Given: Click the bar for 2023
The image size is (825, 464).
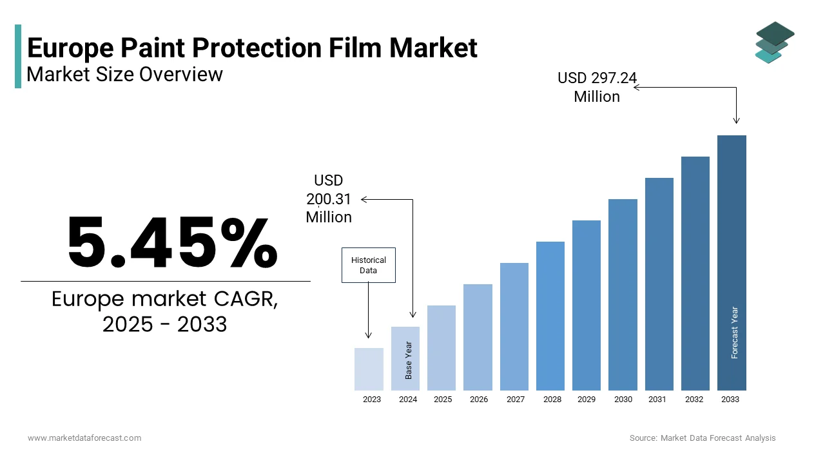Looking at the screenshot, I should (369, 369).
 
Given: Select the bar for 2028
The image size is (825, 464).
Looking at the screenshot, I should (550, 316).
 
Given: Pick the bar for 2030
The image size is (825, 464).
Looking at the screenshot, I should (623, 295).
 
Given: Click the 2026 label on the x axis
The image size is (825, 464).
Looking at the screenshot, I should (479, 400).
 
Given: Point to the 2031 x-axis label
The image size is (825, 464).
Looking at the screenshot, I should (657, 400).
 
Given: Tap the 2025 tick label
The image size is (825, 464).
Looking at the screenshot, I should (443, 400).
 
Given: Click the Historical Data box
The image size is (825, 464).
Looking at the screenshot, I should (368, 265).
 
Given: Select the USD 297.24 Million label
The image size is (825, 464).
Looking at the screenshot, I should (597, 87).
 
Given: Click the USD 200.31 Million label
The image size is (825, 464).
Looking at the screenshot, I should (329, 198).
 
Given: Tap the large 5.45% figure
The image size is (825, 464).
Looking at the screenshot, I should (172, 243).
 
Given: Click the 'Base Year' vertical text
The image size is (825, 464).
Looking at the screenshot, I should (408, 360).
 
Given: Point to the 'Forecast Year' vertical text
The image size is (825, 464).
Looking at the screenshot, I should (734, 333).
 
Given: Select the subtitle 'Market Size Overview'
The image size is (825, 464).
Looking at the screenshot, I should (124, 75).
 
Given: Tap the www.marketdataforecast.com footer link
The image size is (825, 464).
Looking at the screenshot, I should (84, 438).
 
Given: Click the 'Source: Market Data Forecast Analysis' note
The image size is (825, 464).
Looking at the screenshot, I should (703, 438).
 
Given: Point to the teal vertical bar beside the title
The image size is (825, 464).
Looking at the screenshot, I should (18, 57).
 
